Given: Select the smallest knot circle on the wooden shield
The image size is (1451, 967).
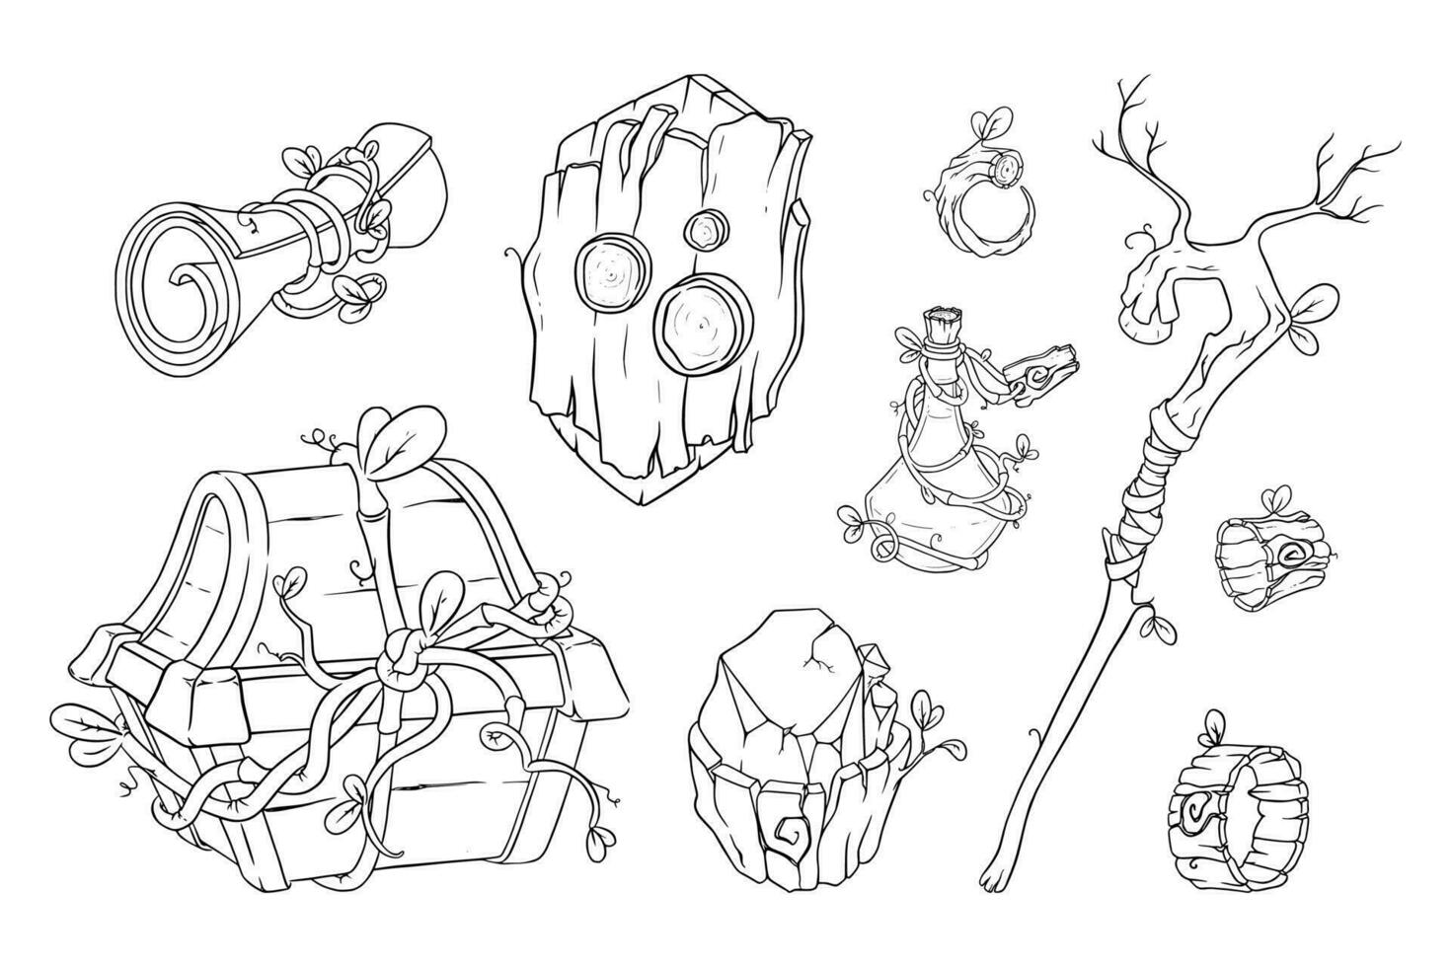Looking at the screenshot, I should (x=703, y=230).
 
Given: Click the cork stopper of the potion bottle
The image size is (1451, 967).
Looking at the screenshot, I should (x=940, y=326).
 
